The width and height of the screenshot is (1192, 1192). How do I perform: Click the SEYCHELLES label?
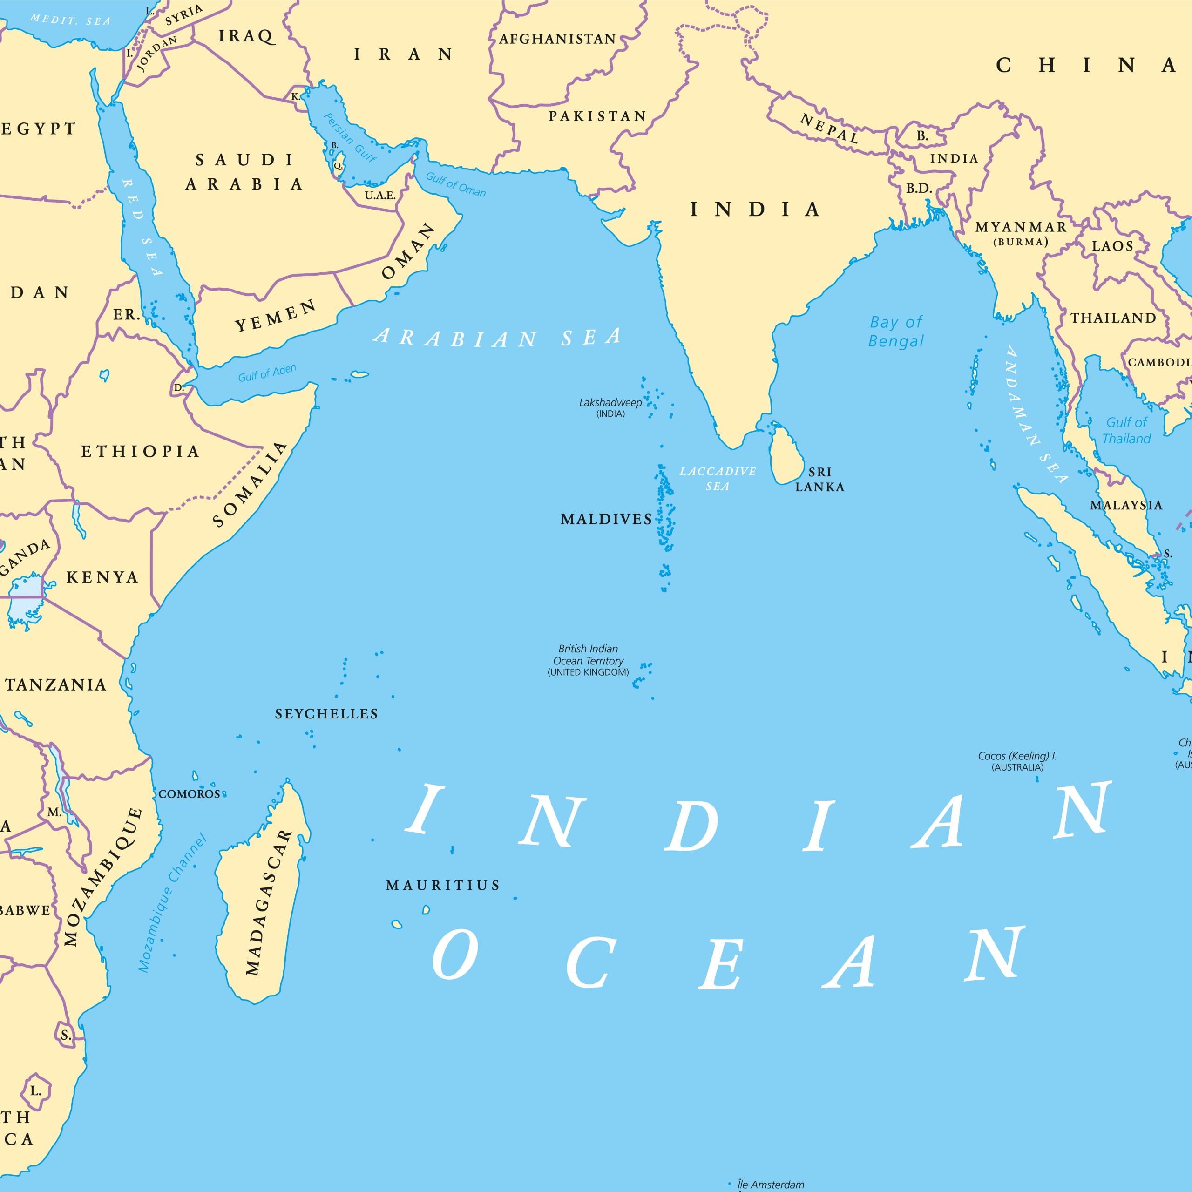click(326, 714)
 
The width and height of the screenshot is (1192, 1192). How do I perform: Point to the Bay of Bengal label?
click(896, 332)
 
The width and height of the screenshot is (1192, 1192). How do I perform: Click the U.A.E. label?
click(380, 196)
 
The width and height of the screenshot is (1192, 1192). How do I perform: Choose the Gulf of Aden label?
click(267, 372)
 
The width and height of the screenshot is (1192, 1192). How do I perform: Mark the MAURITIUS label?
click(442, 885)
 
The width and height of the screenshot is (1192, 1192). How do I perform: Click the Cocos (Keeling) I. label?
click(1017, 761)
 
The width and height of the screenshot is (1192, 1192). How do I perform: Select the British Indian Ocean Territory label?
click(588, 660)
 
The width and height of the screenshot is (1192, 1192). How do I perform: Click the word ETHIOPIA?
click(141, 452)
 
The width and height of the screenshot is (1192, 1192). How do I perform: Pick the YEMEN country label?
click(275, 316)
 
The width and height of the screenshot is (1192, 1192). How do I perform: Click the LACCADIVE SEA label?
click(718, 479)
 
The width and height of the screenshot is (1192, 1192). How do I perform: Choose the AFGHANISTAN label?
click(557, 39)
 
